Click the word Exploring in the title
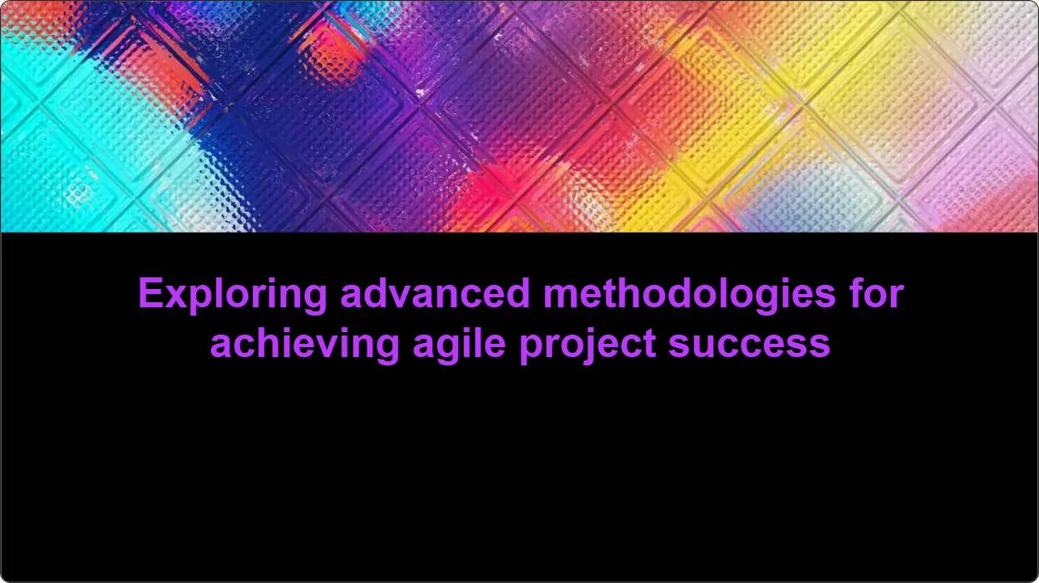pos(233,295)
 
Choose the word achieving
pos(304,343)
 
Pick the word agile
pos(459,343)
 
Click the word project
pos(588,343)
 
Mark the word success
pos(749,343)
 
